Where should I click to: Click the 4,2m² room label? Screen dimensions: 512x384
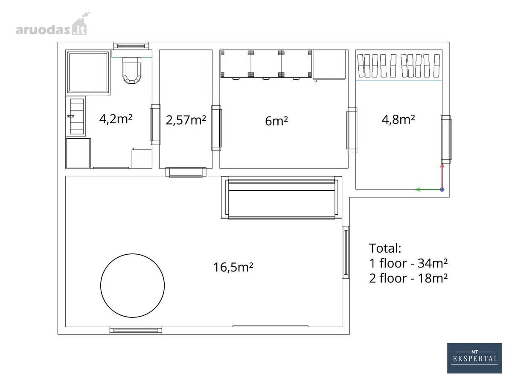point(116,119)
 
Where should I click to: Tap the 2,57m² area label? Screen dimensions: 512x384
point(186,120)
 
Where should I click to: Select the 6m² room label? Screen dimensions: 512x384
point(276,121)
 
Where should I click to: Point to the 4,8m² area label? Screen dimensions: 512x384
point(398,119)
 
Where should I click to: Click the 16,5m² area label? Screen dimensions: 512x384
point(233,267)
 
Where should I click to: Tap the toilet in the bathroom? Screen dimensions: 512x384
point(132,70)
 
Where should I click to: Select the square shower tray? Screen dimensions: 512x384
point(88,72)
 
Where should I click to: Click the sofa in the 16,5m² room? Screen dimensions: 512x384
point(282,198)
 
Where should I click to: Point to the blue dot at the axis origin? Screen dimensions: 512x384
point(442,189)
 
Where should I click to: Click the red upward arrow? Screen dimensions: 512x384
point(442,177)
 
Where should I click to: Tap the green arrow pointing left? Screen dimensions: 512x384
point(429,189)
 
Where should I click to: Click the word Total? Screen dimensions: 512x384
point(385,248)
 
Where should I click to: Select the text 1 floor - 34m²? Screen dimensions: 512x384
point(408,263)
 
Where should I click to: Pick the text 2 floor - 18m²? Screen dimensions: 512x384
point(408,278)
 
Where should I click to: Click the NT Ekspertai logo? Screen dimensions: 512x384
point(474,358)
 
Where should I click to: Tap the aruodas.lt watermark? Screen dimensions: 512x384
point(52,24)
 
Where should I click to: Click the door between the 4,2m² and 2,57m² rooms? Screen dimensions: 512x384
point(155,125)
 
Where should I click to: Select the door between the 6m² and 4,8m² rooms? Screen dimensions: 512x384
point(352,130)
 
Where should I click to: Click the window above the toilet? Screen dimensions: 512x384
point(131,46)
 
